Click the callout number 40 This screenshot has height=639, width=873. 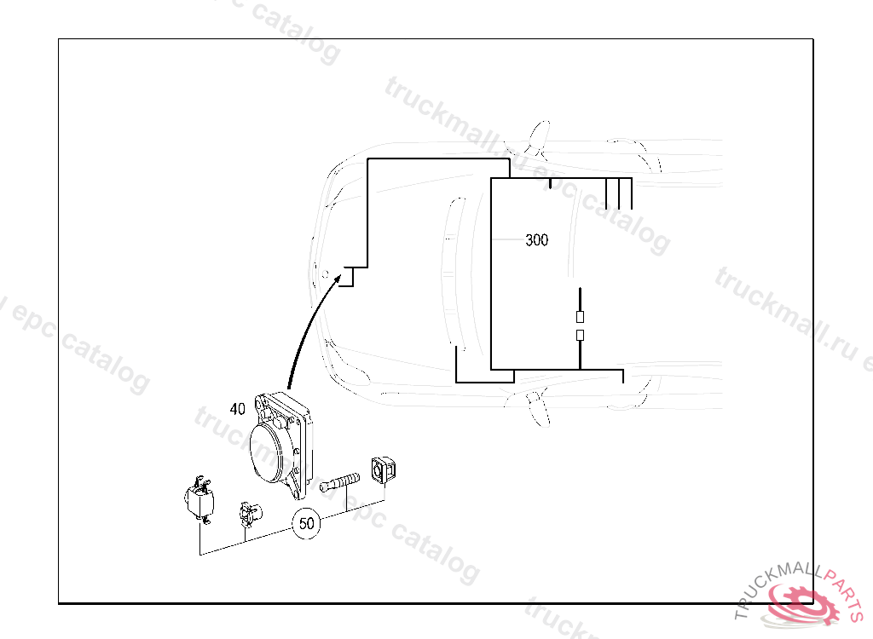pyautogui.click(x=238, y=409)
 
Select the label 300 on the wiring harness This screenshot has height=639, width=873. pyautogui.click(x=536, y=240)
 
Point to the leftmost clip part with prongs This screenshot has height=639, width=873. pyautogui.click(x=199, y=499)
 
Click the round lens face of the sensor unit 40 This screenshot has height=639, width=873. pyautogui.click(x=273, y=452)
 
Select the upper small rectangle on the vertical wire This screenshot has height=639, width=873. pyautogui.click(x=580, y=316)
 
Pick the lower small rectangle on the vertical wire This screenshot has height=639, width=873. pyautogui.click(x=580, y=335)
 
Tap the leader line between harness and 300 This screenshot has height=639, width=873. pyautogui.click(x=509, y=240)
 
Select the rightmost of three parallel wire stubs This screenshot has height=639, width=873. pyautogui.click(x=631, y=193)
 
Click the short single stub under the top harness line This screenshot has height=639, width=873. pyautogui.click(x=551, y=183)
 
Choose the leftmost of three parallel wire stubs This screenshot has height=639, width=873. pyautogui.click(x=606, y=193)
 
